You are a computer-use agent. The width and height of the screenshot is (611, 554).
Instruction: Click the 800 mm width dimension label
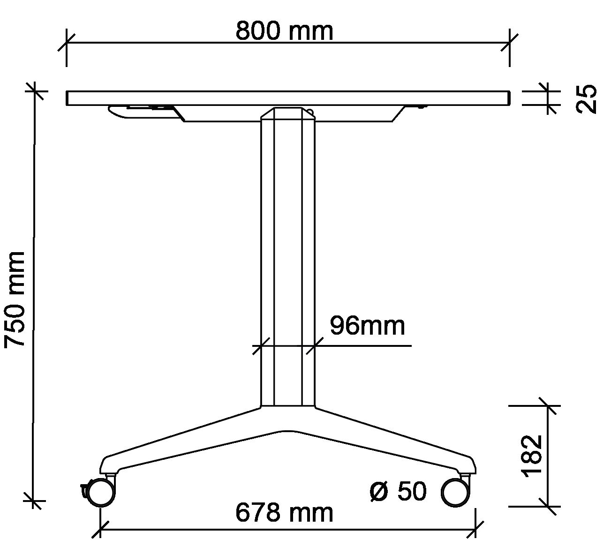(284, 31)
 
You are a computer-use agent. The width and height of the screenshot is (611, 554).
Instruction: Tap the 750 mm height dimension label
(15, 300)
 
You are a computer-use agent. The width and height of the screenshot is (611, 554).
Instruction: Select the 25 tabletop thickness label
(586, 99)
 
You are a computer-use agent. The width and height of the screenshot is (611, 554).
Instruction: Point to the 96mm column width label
(368, 326)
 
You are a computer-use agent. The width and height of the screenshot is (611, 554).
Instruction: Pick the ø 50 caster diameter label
(398, 491)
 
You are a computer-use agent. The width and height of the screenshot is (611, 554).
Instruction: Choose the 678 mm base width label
(284, 513)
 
